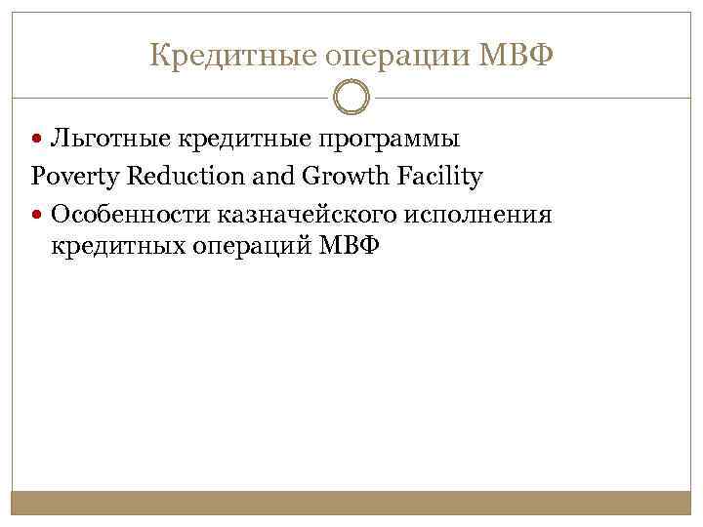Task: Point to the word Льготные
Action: pos(103,140)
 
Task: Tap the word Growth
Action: pos(341,177)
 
